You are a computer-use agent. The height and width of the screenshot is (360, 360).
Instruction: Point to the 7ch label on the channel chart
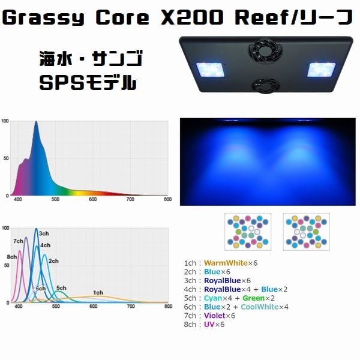[x=19, y=241]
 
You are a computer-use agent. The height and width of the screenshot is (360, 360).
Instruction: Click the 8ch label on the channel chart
[x=12, y=257]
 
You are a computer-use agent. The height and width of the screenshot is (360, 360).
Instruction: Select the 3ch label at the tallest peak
[x=44, y=233]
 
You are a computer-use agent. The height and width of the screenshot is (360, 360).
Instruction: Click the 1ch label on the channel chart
[x=98, y=293]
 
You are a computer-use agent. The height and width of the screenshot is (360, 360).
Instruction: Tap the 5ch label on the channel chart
[x=61, y=288]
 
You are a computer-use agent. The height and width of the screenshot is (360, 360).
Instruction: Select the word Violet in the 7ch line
[x=214, y=316]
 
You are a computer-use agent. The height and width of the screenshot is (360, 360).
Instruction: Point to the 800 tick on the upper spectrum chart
[x=168, y=199]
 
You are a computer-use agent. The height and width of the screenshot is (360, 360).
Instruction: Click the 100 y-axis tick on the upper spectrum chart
[x=5, y=121]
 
